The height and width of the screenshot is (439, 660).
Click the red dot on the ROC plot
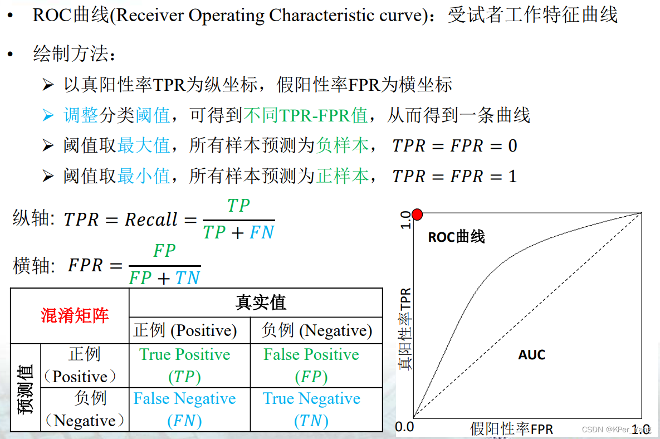point(417,214)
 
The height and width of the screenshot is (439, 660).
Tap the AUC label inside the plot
point(531,355)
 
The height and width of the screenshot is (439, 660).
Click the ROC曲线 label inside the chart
point(456,237)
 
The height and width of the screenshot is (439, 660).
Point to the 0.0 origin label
point(405,427)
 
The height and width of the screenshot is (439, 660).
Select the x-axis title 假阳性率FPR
point(512,428)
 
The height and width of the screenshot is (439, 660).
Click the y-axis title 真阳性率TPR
point(405,329)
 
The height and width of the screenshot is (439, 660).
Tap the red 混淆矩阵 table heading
point(75,316)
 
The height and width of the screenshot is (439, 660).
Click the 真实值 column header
point(260,303)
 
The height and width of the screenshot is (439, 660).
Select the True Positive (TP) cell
point(184,365)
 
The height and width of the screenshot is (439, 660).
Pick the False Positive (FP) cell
point(311,365)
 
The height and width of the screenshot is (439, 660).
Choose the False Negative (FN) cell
point(184,409)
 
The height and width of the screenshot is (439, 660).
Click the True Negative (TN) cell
point(311,409)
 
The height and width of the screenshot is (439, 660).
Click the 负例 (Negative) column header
point(316,330)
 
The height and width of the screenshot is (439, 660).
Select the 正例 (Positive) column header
point(185,330)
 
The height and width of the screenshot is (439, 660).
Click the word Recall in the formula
point(151,219)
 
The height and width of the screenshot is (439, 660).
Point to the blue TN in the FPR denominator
point(187,277)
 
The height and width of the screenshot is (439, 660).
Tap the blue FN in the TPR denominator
point(262,232)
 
